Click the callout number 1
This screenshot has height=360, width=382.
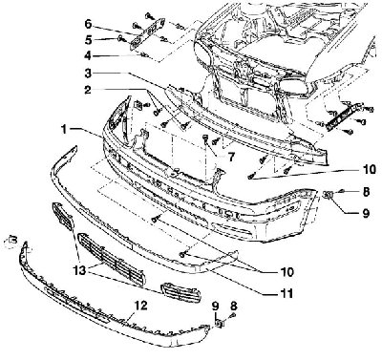(x=64, y=129)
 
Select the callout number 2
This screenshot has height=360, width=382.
(x=87, y=90)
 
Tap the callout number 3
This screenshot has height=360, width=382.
(x=88, y=74)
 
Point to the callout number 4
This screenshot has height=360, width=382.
(x=88, y=56)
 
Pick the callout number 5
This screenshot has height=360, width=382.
(x=88, y=40)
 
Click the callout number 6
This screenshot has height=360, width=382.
(x=88, y=24)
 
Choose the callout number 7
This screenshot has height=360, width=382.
(x=231, y=157)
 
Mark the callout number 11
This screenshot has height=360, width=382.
(x=286, y=293)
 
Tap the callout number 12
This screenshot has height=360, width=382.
(x=140, y=307)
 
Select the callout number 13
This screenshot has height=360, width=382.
(x=79, y=270)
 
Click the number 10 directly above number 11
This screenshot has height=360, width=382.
(x=286, y=272)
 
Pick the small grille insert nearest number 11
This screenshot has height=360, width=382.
(x=180, y=292)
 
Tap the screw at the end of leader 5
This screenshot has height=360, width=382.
(x=121, y=38)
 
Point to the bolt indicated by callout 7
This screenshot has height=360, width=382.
(x=205, y=138)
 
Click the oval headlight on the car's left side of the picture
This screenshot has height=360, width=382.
(x=202, y=54)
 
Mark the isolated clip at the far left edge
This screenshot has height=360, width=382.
(x=13, y=240)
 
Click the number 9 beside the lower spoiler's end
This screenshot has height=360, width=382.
(x=216, y=307)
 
